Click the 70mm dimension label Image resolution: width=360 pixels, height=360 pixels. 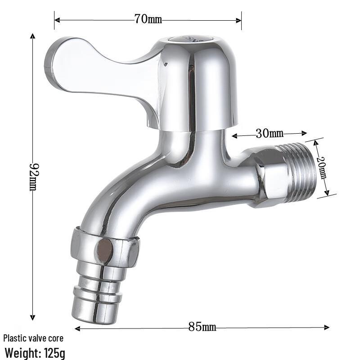point(148,19)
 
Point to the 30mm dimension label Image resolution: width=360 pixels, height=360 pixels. point(270,134)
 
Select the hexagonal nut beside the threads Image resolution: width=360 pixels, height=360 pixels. point(270,178)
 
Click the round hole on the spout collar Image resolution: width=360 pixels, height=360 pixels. point(105,251)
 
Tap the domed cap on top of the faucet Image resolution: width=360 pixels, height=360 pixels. point(198,81)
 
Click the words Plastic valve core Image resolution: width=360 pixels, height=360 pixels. point(33,338)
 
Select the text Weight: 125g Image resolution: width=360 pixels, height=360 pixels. point(35,353)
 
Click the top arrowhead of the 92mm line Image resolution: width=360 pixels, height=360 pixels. point(32,36)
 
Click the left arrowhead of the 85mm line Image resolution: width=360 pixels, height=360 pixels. point(77,328)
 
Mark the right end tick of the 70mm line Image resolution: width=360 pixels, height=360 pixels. point(242,20)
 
